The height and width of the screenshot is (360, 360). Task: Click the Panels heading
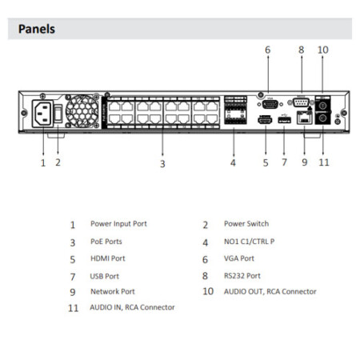(x=37, y=29)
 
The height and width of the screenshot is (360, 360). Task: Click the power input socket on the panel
(x=42, y=114)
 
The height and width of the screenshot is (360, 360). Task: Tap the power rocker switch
(x=58, y=114)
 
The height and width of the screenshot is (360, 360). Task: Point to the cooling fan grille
(x=82, y=111)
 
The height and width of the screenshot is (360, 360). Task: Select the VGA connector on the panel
(x=270, y=104)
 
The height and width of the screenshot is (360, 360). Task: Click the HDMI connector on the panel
(x=265, y=120)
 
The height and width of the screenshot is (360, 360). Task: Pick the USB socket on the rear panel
(x=284, y=120)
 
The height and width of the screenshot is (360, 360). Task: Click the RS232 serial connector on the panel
(x=301, y=102)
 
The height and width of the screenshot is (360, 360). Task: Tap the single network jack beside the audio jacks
(x=304, y=118)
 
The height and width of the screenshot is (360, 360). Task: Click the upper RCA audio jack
(x=322, y=106)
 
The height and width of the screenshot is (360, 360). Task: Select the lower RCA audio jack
(x=322, y=118)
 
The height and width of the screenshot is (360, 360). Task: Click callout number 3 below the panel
(x=162, y=164)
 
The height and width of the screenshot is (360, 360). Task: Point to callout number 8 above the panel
(x=301, y=50)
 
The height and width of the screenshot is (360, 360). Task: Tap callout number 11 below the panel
(x=324, y=162)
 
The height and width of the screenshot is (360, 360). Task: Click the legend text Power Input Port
(x=118, y=224)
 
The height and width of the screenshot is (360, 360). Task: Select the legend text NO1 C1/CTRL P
(x=250, y=242)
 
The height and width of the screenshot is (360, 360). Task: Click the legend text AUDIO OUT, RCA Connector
(x=270, y=291)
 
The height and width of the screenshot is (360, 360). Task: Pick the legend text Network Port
(x=113, y=291)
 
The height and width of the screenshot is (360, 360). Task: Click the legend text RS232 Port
(x=242, y=276)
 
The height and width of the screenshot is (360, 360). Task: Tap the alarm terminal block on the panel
(x=235, y=110)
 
